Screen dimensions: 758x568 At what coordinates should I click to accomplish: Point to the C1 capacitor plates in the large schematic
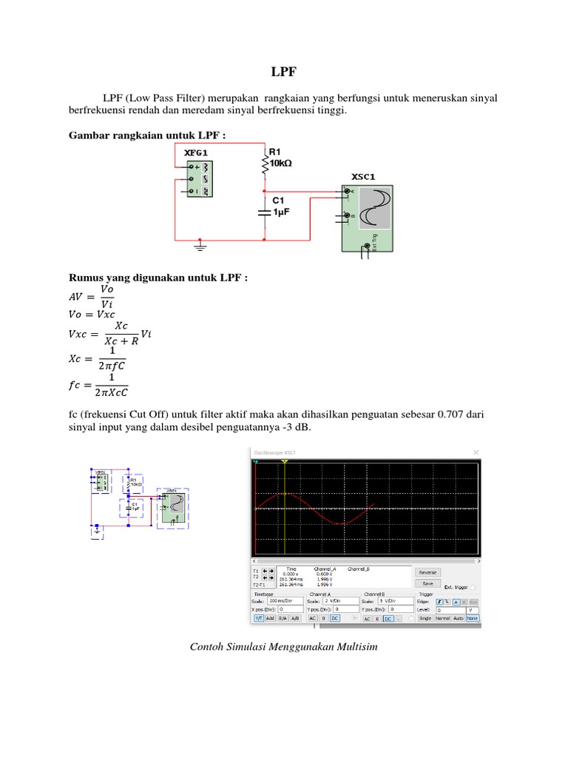[264, 212]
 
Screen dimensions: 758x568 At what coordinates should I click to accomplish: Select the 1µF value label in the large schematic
[281, 212]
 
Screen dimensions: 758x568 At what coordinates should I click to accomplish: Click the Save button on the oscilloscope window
[427, 583]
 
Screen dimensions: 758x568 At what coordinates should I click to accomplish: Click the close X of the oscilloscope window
[476, 452]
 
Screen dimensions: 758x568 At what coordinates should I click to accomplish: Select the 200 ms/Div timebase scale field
[285, 601]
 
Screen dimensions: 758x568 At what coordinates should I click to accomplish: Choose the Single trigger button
[425, 617]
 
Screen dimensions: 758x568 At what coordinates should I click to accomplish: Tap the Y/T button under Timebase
[259, 617]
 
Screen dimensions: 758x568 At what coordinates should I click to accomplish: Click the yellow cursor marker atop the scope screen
[285, 462]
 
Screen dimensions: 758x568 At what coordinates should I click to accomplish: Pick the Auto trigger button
[459, 617]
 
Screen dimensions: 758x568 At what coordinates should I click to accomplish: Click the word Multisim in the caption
[356, 647]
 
